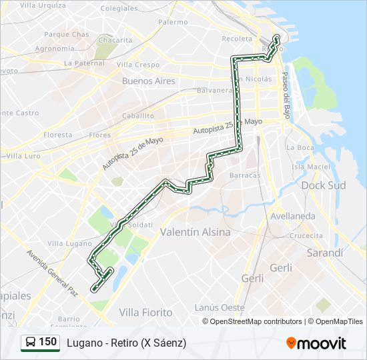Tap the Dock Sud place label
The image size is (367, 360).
pos(324,185)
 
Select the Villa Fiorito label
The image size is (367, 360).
pos(145,312)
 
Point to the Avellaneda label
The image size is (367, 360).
pos(293,216)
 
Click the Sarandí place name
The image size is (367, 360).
pos(324,253)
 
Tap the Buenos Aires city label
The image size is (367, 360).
pos(148,81)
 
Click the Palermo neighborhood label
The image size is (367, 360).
pos(173,22)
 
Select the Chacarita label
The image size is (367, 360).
pos(115,40)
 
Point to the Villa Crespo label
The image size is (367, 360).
pos(138,65)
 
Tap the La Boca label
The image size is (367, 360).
pos(300,147)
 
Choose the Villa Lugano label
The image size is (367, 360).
pos(65,244)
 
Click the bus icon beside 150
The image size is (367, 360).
pos(30,343)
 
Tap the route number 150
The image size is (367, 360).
pos(47,342)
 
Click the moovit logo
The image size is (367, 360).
pos(316,343)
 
